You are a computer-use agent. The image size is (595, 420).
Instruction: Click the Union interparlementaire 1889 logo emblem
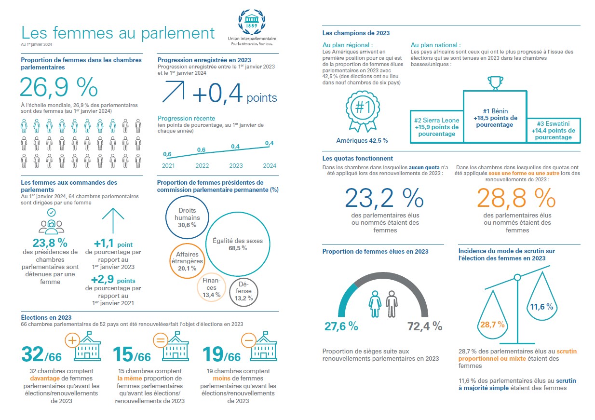pos(252,22)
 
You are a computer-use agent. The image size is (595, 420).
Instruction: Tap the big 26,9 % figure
pos(59,87)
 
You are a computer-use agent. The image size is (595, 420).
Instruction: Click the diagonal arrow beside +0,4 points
pos(174,92)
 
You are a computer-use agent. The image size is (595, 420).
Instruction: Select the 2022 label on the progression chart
pos(202,166)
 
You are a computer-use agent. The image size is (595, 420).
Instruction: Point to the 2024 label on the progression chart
pos(270,166)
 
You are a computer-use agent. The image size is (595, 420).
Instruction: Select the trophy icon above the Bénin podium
pos(495,83)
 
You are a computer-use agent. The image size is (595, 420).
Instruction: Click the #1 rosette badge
pos(363,111)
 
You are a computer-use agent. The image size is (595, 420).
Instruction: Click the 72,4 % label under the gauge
pos(425,326)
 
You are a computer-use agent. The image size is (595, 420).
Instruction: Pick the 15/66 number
pos(132,354)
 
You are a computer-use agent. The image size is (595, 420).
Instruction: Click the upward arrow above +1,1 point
pos(113,221)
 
